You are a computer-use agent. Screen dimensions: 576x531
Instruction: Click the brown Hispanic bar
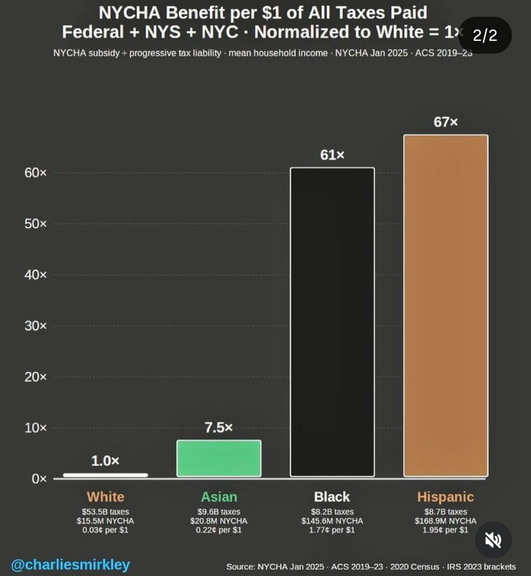(445, 305)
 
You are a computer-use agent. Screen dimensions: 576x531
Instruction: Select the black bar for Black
(332, 322)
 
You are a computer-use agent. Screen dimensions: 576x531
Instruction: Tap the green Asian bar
(219, 458)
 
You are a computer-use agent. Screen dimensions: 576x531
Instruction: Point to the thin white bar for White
(105, 475)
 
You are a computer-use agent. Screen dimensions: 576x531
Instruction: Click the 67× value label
(445, 122)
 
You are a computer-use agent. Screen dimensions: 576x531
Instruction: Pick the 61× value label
(332, 155)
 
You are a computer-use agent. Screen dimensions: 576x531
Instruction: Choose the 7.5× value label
(219, 427)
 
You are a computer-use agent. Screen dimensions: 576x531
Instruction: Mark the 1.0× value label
(105, 461)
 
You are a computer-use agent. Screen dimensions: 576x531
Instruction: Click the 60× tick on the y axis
(35, 173)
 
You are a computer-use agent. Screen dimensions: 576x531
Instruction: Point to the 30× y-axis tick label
(35, 326)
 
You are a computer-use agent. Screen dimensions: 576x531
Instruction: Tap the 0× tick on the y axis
(39, 479)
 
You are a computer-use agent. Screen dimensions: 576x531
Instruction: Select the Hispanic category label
(445, 497)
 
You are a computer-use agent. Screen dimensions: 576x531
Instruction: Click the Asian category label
(219, 497)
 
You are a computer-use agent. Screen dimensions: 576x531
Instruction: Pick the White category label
(105, 497)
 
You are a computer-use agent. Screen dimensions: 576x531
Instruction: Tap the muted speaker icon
(493, 540)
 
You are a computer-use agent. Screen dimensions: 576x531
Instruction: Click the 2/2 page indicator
(485, 35)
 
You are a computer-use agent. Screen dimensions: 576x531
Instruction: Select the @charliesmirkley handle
(70, 565)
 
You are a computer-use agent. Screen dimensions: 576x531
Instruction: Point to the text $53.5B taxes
(105, 512)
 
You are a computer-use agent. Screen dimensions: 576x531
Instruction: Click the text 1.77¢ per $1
(332, 530)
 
